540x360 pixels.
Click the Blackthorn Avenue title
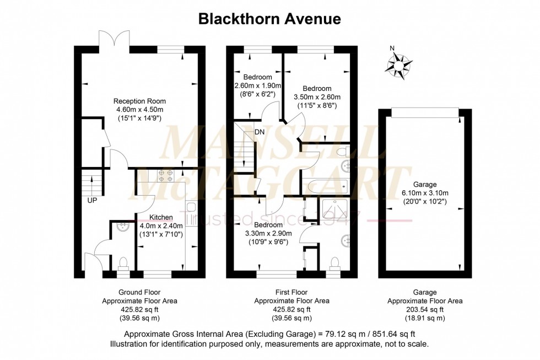click(269, 19)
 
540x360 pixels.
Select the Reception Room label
click(139, 101)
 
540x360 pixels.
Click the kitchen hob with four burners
click(165, 176)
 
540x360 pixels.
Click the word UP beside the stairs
click(92, 200)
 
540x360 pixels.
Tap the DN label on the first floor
click(260, 132)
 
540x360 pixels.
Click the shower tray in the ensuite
click(336, 211)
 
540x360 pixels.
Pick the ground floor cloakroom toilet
click(122, 264)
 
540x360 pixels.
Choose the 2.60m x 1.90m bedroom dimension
click(258, 85)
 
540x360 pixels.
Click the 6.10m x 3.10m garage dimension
click(425, 193)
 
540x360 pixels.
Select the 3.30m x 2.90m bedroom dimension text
click(268, 233)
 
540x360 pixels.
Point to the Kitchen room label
click(161, 217)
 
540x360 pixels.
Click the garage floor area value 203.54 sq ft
click(425, 309)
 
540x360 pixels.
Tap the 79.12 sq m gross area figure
click(336, 334)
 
